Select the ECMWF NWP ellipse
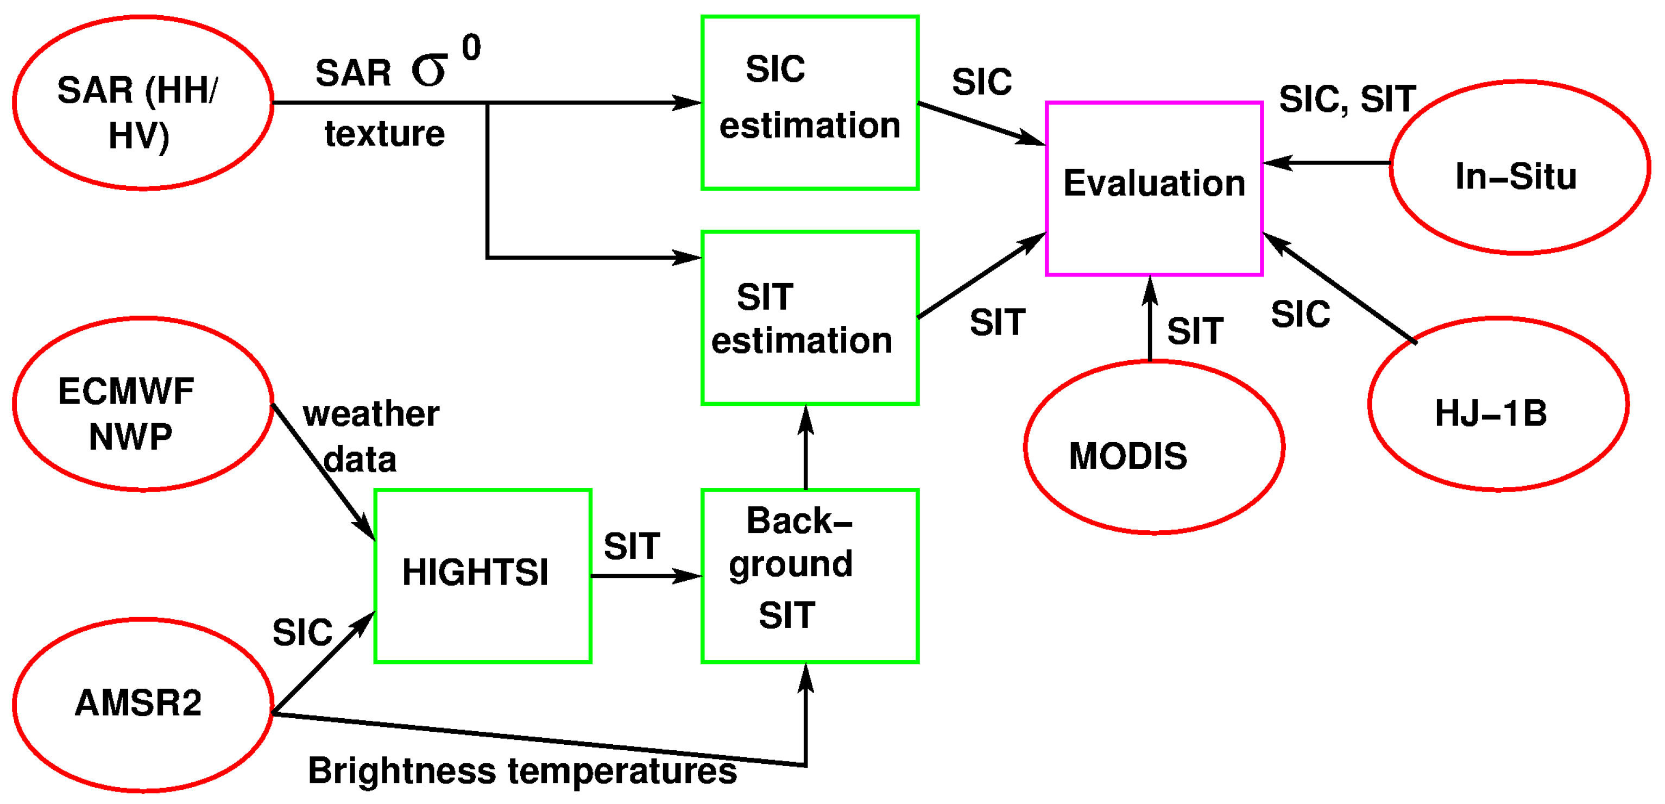[143, 404]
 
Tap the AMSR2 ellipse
[143, 705]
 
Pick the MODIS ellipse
[1154, 447]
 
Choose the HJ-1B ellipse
[1498, 404]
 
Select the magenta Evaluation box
[1154, 188]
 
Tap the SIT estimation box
[810, 318]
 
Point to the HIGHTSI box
[483, 576]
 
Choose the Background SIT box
[810, 576]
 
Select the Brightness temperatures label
[522, 771]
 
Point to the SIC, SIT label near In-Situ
[1348, 99]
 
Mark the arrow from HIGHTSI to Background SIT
[646, 576]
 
